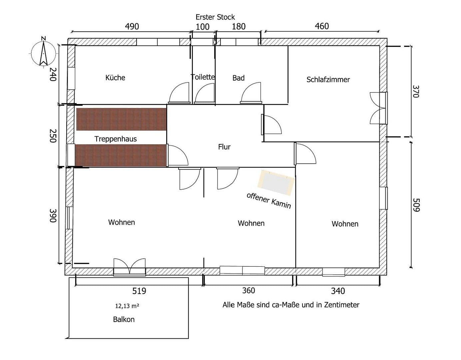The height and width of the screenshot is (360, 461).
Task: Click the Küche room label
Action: [115, 78]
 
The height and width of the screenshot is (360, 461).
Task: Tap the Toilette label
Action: [203, 77]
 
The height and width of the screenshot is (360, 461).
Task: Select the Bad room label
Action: [238, 78]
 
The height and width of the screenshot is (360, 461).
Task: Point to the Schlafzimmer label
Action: [328, 80]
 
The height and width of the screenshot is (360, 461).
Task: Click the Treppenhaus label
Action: [116, 139]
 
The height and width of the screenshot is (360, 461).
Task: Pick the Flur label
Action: [224, 147]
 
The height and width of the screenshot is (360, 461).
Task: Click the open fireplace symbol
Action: [276, 182]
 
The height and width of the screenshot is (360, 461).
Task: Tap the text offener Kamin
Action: [269, 200]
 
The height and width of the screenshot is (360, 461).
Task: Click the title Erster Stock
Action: [215, 17]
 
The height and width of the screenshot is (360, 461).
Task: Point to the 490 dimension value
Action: [132, 26]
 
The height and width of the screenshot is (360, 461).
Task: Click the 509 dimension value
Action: [416, 205]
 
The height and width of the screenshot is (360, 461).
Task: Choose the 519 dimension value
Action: [139, 291]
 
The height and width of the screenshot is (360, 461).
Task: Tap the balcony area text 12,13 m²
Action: [127, 306]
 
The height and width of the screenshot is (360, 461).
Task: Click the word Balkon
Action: [124, 319]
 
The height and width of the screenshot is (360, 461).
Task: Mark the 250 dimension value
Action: [52, 136]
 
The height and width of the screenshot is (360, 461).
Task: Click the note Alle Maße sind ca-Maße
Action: [291, 305]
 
